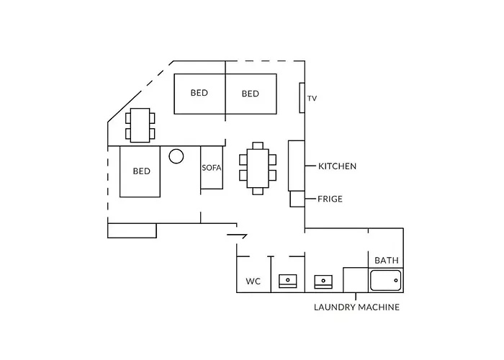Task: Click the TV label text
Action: click(312, 99)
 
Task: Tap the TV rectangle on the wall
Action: click(302, 98)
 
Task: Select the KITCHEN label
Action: click(337, 166)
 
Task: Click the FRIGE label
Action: click(330, 199)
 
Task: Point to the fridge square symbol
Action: click(297, 199)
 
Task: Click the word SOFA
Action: click(212, 168)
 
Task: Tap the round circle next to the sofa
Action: click(176, 156)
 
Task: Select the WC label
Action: click(253, 282)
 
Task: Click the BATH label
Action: click(387, 260)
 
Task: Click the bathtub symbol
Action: click(385, 280)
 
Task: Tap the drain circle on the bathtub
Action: click(396, 280)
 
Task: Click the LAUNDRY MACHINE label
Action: click(357, 307)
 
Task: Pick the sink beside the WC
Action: click(288, 282)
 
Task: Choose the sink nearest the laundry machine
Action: click(323, 282)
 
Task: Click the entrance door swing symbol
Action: click(237, 236)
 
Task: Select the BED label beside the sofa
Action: click(142, 171)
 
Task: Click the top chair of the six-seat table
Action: click(258, 145)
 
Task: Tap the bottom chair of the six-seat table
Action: click(258, 192)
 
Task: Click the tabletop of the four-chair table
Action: click(140, 125)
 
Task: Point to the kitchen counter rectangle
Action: click(297, 166)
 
